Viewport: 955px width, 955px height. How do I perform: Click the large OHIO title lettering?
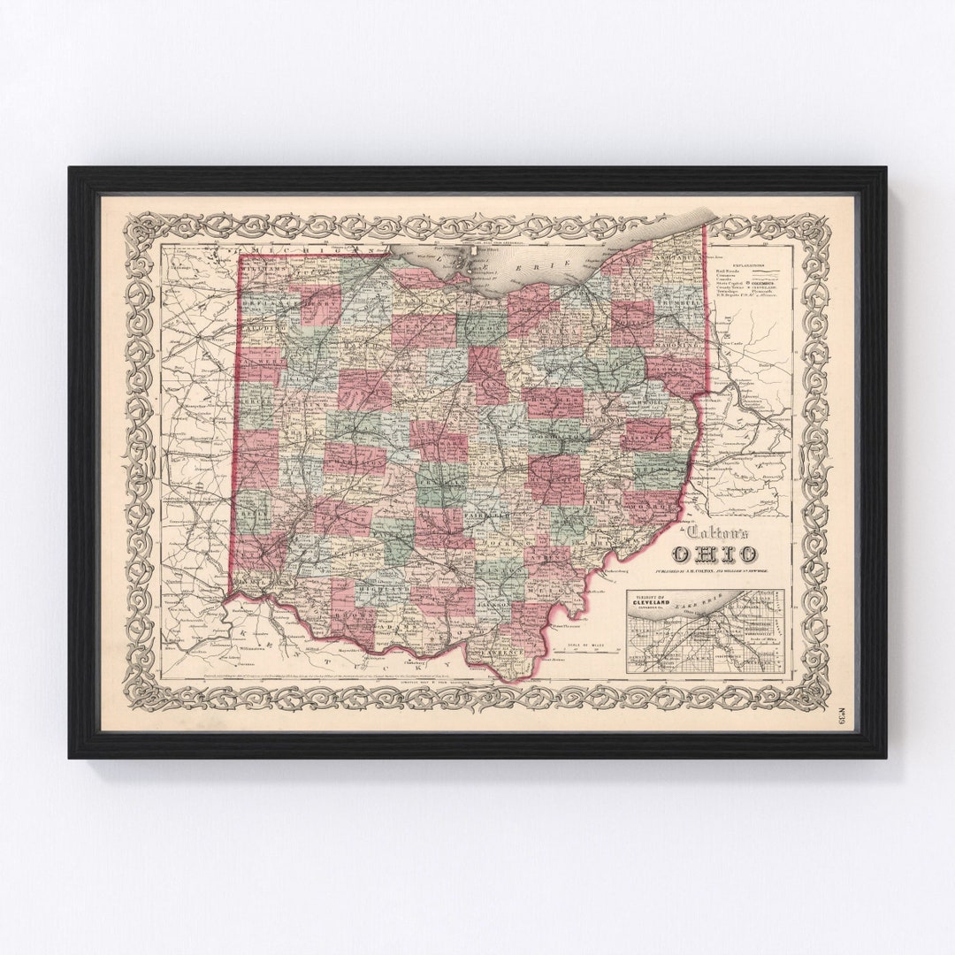coord(714,554)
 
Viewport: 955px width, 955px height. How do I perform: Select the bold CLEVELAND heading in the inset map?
coord(654,607)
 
